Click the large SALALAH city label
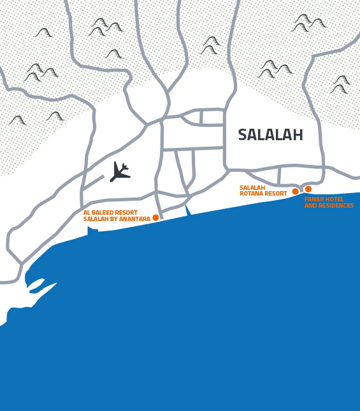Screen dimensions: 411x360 coord(270,135)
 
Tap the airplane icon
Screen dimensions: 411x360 coord(119,172)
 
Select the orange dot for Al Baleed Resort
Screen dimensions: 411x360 coord(155,218)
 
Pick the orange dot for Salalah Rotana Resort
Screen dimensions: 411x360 coord(295,191)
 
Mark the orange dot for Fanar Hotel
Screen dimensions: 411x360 coord(308,189)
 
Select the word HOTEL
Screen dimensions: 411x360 coord(335,199)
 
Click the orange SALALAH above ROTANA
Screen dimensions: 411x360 coord(252,188)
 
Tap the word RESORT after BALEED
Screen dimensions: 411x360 coord(127,213)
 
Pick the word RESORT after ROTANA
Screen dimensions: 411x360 coord(275,194)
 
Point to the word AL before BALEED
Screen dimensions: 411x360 coord(87,213)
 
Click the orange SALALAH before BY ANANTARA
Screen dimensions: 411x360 coord(94,219)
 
